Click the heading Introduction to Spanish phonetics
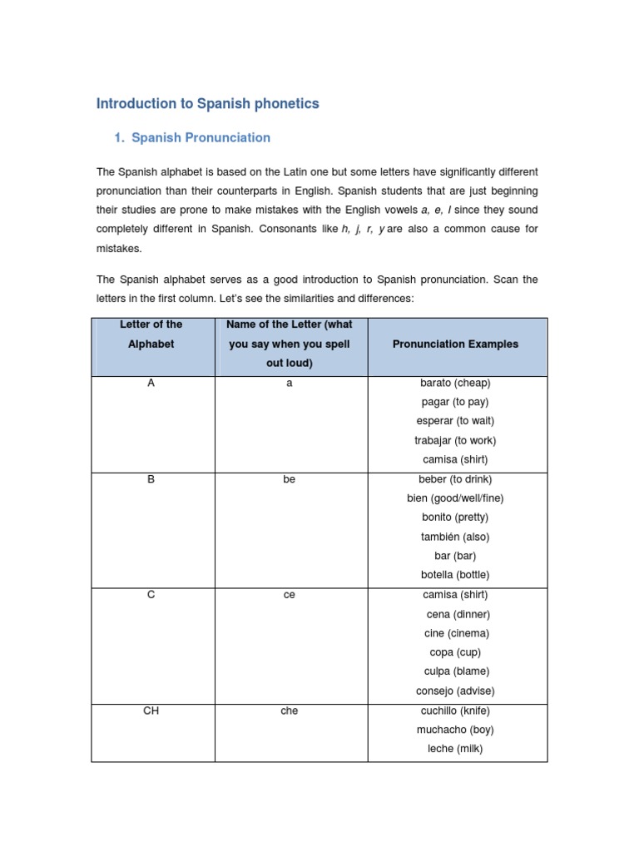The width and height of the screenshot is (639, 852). pos(207,104)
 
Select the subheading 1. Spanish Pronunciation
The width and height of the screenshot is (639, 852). pos(192,137)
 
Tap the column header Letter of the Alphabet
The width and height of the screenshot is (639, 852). pos(151,334)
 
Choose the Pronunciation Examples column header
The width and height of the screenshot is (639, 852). pos(455,344)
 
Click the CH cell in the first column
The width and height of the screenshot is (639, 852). pos(151,711)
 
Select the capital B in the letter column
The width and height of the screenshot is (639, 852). pos(151,479)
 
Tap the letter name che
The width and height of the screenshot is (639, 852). pos(290,711)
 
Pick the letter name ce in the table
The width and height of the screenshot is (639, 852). pos(290,595)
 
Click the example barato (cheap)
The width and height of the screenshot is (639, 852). pos(455,383)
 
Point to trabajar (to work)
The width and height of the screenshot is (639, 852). pos(455,440)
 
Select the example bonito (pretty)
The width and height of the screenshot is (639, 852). pos(455,518)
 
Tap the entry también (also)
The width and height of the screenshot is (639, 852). pos(455,537)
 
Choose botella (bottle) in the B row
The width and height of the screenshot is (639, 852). pos(455,575)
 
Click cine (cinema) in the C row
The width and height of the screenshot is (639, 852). pos(455,633)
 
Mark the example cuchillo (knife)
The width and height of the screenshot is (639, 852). pos(455,711)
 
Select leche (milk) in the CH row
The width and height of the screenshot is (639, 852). pos(455,749)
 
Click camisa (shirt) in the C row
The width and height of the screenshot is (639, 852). pos(455,595)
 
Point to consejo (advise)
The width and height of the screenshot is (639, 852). pos(455,691)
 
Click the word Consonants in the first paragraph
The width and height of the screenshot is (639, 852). pos(310,229)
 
